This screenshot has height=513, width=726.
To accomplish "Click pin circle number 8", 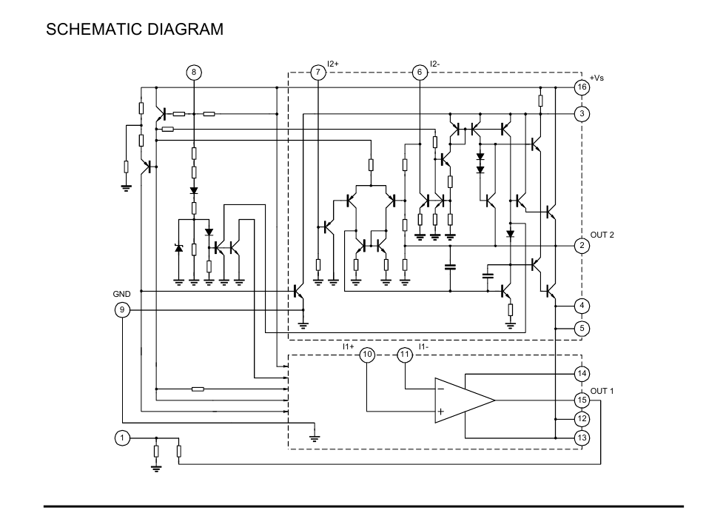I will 194,72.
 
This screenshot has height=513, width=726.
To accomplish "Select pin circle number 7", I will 317,72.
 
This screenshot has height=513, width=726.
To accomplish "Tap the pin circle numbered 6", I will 420,72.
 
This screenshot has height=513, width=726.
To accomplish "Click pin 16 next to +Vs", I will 582,87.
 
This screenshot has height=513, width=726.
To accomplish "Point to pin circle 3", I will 582,114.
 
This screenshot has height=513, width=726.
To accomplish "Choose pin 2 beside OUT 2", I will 582,246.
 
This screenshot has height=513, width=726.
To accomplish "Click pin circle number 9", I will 122,309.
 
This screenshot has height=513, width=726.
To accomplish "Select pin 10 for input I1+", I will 368,355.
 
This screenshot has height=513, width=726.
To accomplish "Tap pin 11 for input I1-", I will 404,355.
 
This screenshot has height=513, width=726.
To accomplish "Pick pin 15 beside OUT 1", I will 582,400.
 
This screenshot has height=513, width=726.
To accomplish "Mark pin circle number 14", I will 582,374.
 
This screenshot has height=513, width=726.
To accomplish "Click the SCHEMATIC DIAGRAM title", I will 134,30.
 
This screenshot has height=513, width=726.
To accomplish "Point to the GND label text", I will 122,294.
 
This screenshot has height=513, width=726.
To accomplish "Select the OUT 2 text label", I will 602,235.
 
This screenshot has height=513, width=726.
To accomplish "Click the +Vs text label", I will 597,78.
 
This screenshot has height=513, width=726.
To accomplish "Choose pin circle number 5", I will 582,327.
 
